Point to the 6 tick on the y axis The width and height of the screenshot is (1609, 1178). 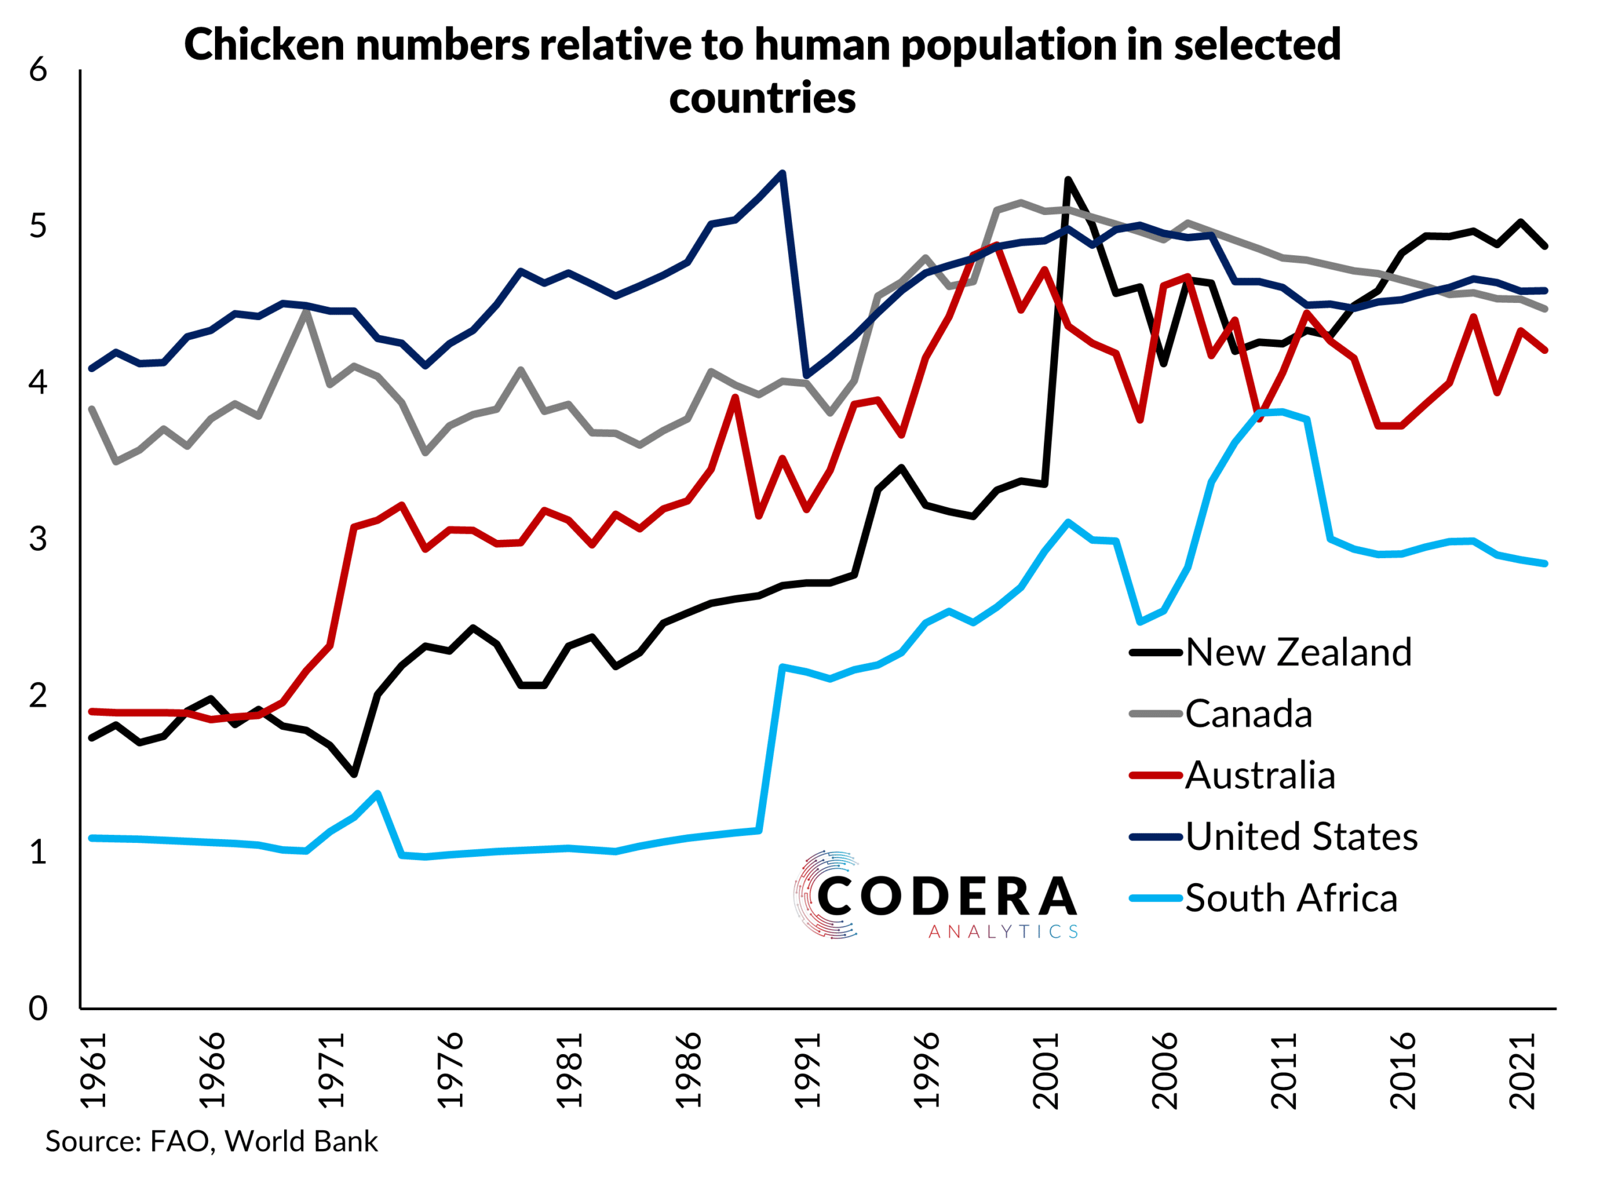pos(38,70)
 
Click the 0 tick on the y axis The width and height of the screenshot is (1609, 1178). pos(38,1008)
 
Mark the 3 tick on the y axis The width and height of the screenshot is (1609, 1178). pos(38,539)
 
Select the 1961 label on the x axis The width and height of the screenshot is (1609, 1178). pos(94,1071)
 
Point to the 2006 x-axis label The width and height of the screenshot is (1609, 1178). pos(1165,1071)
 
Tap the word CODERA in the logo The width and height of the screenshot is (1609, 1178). pos(947,896)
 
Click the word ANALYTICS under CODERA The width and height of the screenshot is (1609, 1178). pos(1002,932)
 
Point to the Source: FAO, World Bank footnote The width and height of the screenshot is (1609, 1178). pos(211,1142)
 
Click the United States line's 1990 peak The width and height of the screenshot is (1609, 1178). pos(783,173)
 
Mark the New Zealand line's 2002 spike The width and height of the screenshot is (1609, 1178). pos(1068,180)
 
